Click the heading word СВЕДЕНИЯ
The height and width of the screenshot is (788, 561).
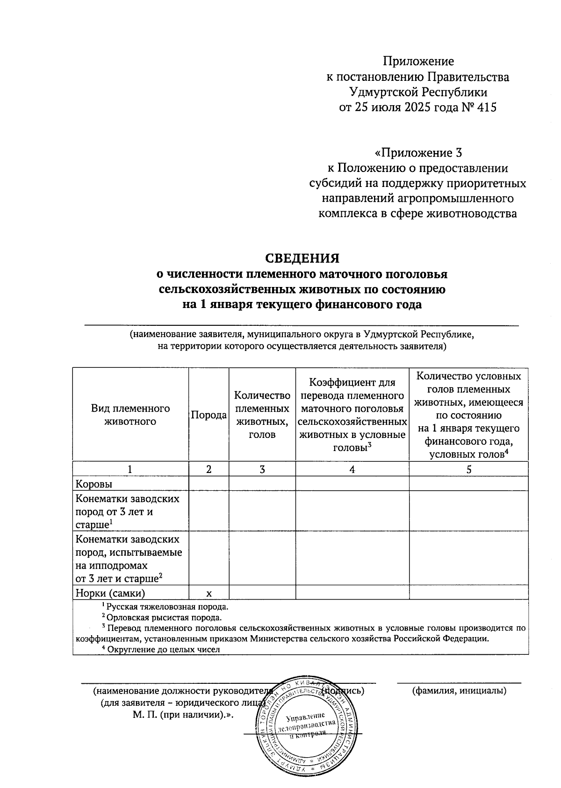[302, 258]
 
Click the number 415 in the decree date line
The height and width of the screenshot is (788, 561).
[487, 107]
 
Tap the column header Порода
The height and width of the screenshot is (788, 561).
[209, 415]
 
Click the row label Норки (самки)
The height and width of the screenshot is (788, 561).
[110, 593]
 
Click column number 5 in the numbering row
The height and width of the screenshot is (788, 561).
[468, 469]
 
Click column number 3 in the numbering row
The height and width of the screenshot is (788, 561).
[262, 469]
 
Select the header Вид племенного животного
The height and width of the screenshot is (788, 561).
[130, 415]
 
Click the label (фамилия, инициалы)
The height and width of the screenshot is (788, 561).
[459, 691]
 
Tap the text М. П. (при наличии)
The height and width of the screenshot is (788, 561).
[183, 715]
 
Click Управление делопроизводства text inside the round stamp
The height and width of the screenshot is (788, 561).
[306, 723]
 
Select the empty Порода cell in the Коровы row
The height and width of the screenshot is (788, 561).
[209, 484]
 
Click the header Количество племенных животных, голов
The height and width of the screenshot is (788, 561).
[262, 415]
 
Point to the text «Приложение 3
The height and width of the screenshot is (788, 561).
[418, 153]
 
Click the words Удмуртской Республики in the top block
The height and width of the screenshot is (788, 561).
[418, 92]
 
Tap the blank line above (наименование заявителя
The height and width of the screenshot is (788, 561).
[302, 324]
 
